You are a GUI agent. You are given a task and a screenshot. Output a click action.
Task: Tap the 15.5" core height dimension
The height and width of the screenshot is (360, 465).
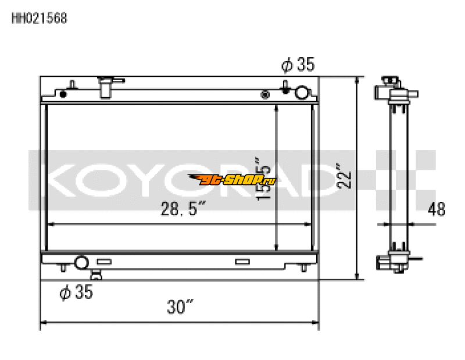[265, 177]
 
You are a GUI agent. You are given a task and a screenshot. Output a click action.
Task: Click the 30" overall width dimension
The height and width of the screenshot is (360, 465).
[181, 306]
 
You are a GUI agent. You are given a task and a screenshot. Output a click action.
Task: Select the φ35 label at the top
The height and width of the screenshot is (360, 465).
[298, 65]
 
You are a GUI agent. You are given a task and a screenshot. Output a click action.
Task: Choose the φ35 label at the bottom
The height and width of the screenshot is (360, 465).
[76, 292]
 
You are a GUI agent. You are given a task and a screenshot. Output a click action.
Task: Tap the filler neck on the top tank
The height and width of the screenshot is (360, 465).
[106, 87]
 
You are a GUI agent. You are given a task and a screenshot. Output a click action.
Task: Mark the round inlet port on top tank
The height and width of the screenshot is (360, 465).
[302, 92]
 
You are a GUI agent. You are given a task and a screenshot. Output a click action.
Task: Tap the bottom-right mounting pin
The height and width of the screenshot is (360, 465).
[305, 268]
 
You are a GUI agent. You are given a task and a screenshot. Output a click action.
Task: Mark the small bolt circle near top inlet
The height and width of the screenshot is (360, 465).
[266, 94]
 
